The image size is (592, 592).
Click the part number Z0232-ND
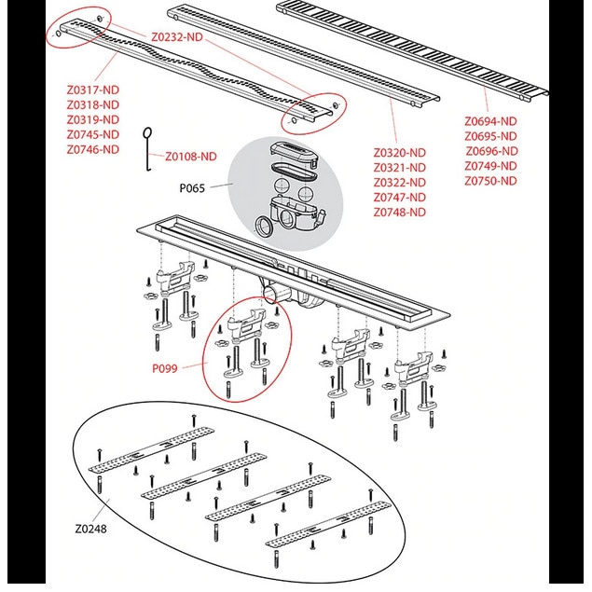click(177, 37)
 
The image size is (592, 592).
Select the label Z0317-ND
click(93, 89)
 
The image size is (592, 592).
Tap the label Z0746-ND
click(93, 149)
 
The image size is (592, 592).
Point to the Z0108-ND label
click(191, 157)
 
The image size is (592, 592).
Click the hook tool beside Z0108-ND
click(148, 149)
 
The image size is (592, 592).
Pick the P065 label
click(192, 188)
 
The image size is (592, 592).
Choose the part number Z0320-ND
click(399, 153)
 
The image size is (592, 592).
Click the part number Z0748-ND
click(399, 213)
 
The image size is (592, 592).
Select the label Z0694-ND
click(490, 121)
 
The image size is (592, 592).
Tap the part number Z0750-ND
click(490, 181)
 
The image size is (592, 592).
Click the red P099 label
click(165, 368)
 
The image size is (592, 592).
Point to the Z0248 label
click(90, 529)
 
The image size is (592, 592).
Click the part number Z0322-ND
click(399, 183)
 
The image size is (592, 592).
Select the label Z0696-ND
click(491, 151)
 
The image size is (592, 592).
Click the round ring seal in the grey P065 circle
click(265, 227)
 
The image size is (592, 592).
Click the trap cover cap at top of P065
click(294, 153)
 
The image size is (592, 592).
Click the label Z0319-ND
click(93, 119)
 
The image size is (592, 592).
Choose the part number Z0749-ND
click(490, 166)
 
